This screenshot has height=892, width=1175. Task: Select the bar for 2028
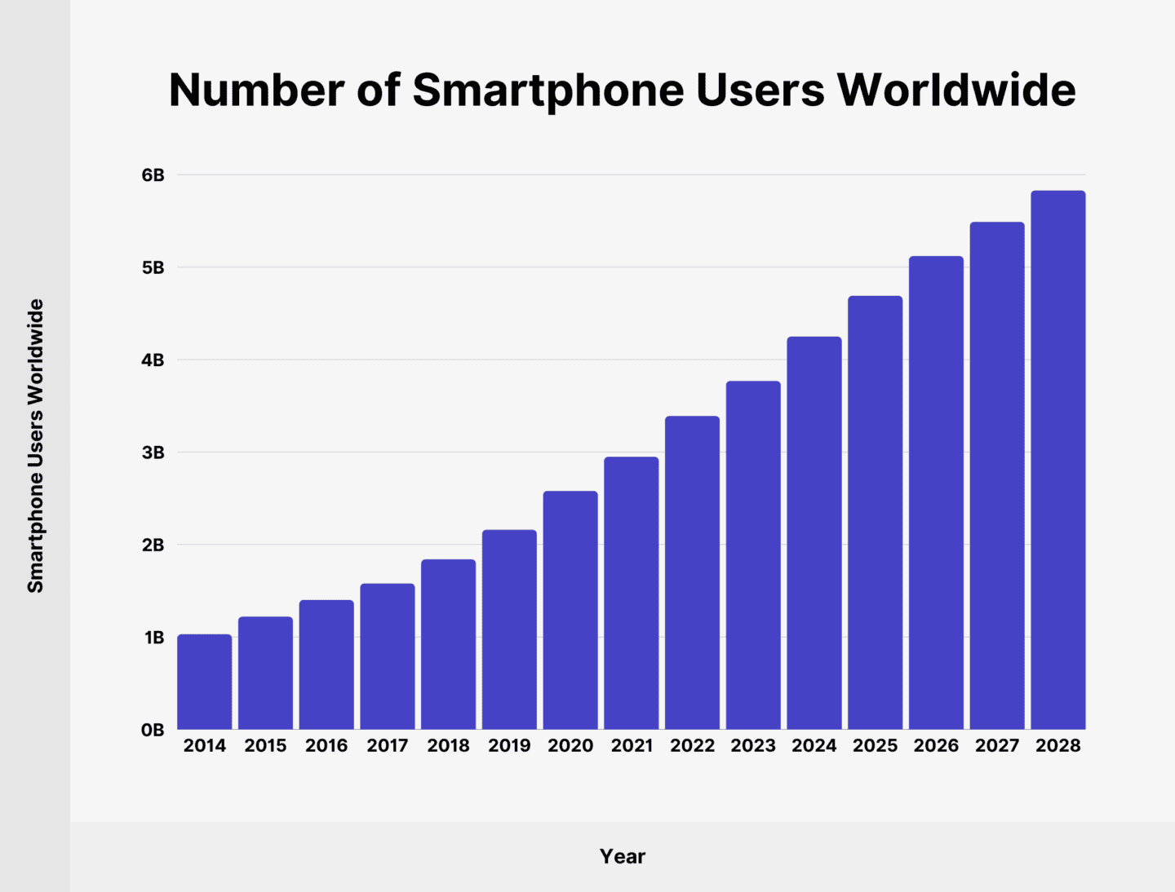(x=1057, y=460)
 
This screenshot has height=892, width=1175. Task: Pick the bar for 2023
(x=753, y=555)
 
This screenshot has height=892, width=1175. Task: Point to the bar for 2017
(x=388, y=656)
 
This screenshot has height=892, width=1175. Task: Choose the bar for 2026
(x=936, y=492)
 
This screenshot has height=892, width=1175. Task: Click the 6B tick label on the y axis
(x=153, y=175)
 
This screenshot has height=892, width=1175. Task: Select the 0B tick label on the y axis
(x=153, y=730)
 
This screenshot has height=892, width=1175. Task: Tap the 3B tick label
(x=153, y=453)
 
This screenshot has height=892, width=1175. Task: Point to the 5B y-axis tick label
(x=153, y=267)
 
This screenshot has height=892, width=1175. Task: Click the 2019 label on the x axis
(x=509, y=745)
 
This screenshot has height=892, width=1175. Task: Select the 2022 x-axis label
(x=692, y=745)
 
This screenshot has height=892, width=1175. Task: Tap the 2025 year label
(x=875, y=745)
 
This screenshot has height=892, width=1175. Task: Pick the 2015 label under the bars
(x=265, y=745)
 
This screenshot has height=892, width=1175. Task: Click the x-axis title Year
(x=623, y=856)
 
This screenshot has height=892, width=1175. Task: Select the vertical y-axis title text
(x=35, y=446)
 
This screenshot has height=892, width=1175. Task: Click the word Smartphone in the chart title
(x=548, y=90)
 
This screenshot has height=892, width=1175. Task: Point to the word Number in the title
(x=256, y=90)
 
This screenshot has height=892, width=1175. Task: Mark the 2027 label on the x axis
(x=997, y=745)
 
